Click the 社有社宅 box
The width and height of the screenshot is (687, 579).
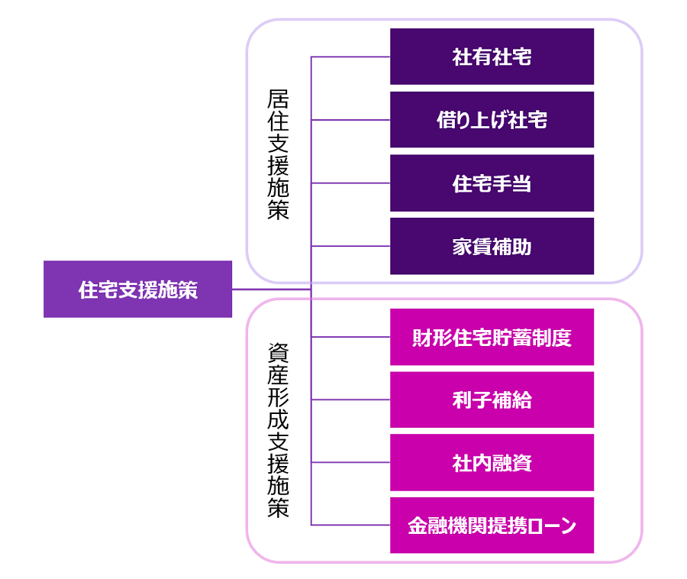(492, 57)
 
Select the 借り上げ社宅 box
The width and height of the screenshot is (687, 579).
(492, 120)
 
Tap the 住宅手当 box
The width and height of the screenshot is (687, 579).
(492, 183)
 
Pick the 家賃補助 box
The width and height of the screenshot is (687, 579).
(492, 246)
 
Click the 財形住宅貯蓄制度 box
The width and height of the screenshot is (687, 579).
(492, 337)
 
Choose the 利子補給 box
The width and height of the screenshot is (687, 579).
(492, 399)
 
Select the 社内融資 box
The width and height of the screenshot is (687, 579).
(492, 462)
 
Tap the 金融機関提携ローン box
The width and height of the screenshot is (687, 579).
(492, 526)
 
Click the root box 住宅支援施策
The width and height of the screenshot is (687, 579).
(137, 289)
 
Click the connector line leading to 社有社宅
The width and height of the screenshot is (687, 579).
(351, 57)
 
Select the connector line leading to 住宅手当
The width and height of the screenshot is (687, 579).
(351, 183)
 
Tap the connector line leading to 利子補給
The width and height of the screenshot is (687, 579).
(351, 399)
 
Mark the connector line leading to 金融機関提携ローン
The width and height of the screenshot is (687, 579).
(351, 525)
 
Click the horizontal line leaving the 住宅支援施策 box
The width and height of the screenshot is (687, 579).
(271, 289)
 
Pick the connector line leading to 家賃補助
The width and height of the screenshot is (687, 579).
(351, 246)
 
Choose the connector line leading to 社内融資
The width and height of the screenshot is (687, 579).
(351, 462)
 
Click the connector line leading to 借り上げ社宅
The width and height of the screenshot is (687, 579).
(351, 120)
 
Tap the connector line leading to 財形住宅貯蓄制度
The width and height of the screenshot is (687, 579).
(351, 337)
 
